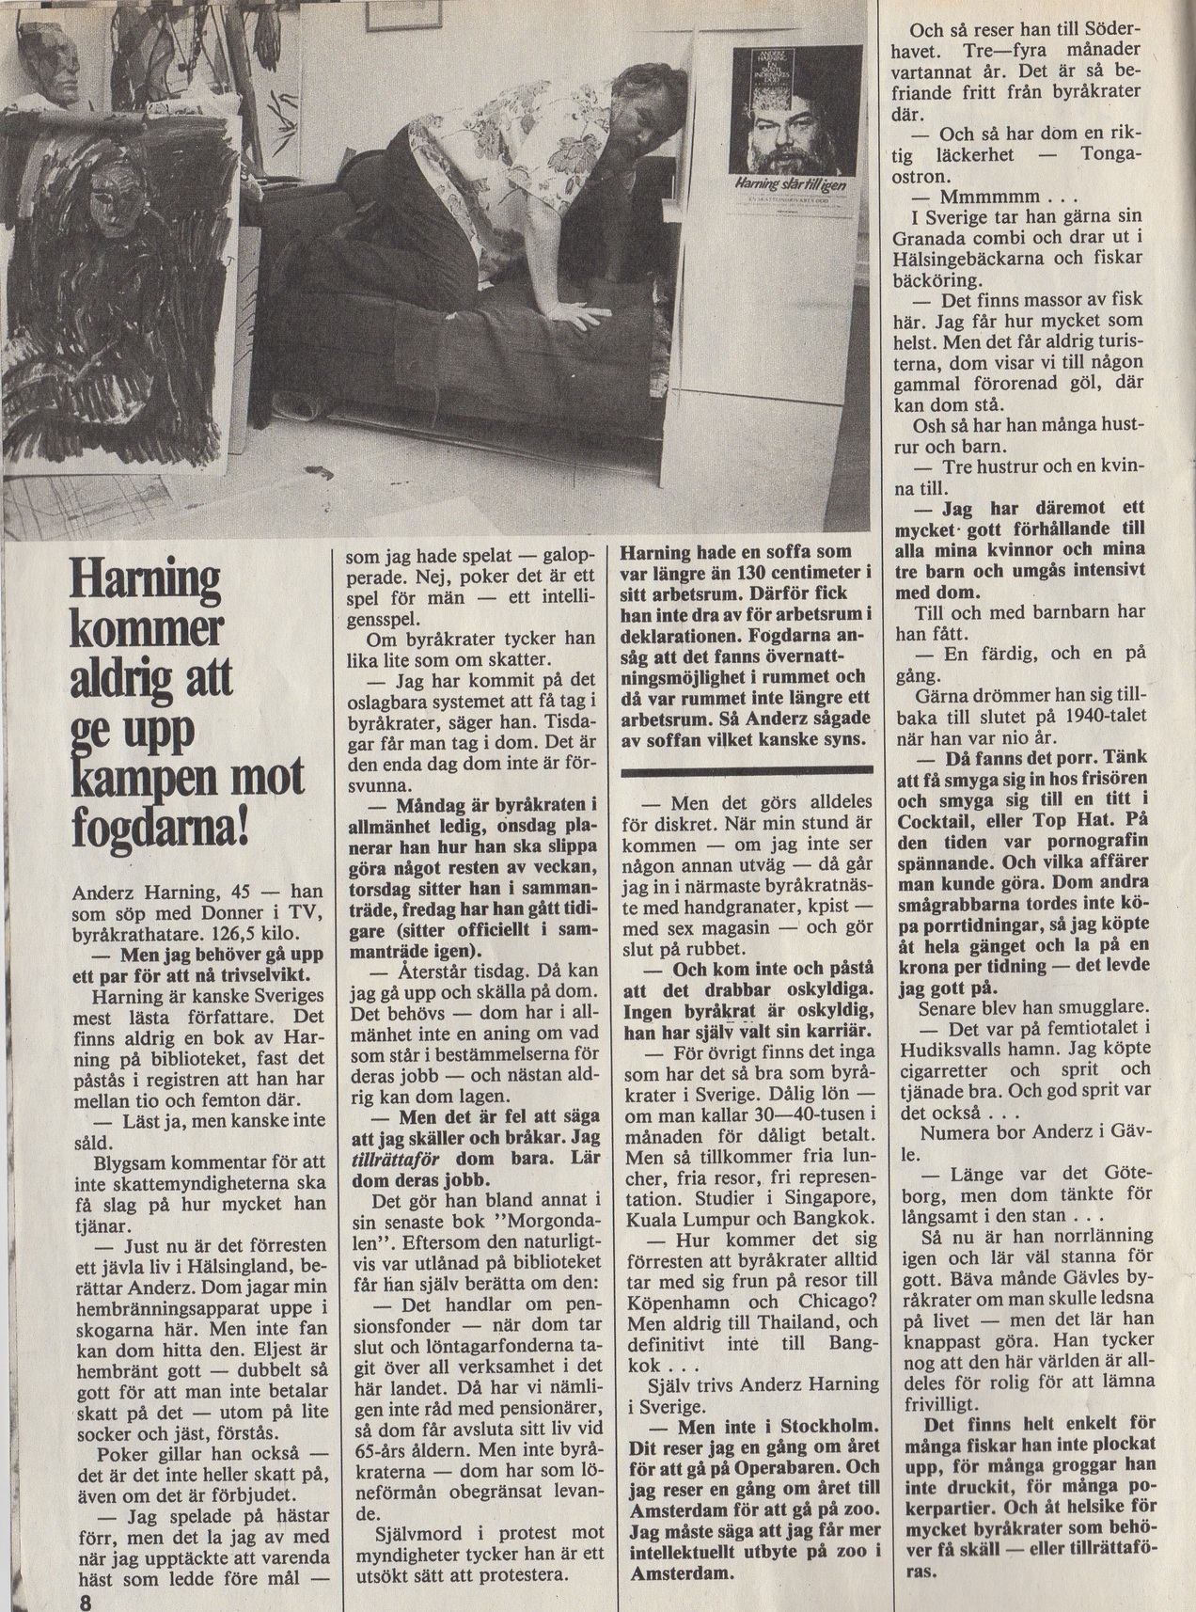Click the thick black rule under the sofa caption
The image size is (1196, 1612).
[x=747, y=772]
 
